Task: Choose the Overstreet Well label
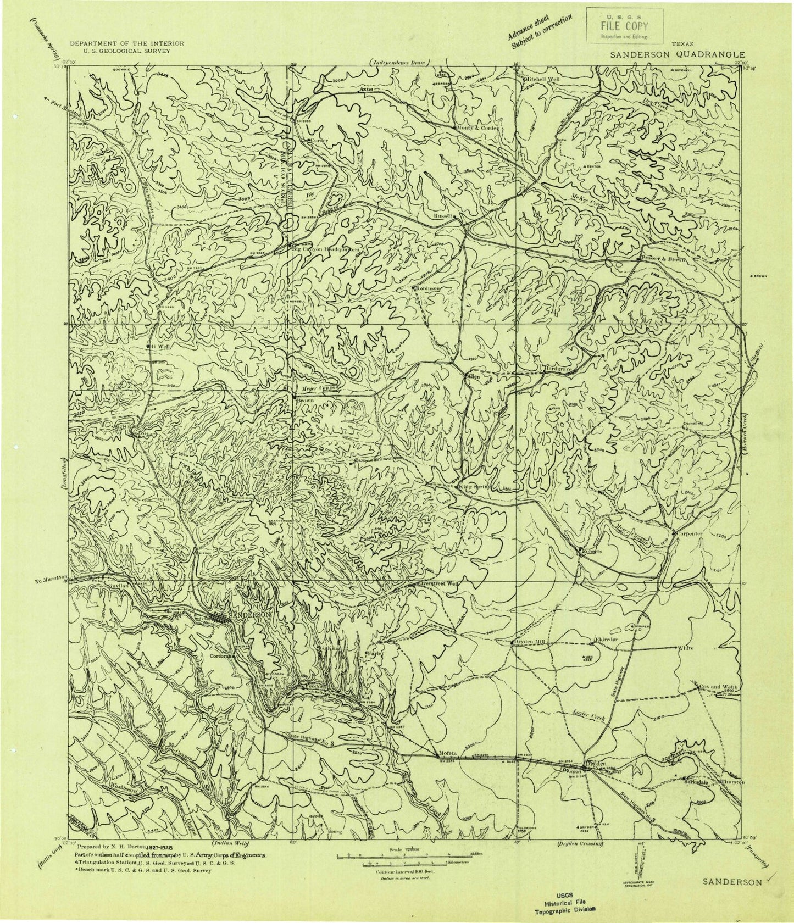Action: point(438,583)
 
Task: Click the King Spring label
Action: point(476,486)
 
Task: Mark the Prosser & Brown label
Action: point(664,259)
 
